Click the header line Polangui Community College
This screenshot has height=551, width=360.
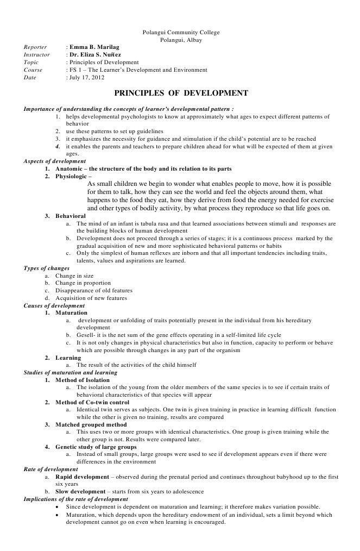tap(181, 33)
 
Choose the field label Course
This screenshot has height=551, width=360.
tap(33, 70)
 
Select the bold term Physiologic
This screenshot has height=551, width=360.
tap(72, 177)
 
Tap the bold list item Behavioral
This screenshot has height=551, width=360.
tap(71, 216)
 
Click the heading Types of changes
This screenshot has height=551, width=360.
tap(47, 268)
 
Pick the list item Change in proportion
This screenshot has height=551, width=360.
tap(83, 283)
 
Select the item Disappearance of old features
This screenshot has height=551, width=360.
tap(93, 291)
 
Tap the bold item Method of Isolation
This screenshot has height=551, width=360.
tap(82, 380)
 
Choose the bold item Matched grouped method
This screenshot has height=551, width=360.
tap(91, 425)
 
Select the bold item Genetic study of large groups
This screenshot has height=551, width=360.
tap(96, 447)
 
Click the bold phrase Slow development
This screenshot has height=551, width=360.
tap(80, 492)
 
